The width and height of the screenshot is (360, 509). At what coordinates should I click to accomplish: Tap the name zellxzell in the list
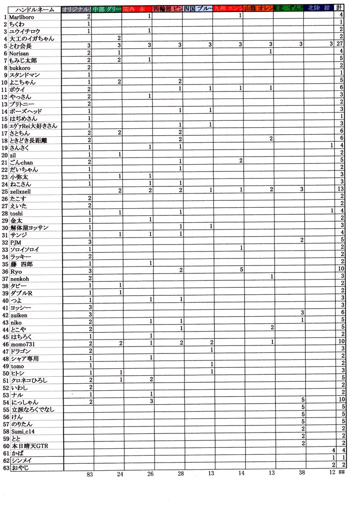pyautogui.click(x=20, y=191)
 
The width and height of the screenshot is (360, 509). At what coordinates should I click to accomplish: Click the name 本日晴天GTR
pyautogui.click(x=29, y=445)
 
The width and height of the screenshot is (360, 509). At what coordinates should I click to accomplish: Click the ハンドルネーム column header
pyautogui.click(x=32, y=9)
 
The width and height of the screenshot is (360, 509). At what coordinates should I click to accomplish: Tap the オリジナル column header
pyautogui.click(x=77, y=9)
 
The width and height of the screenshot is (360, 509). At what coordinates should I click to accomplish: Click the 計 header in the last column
pyautogui.click(x=339, y=8)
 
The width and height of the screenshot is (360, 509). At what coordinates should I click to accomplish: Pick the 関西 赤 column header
pyautogui.click(x=137, y=9)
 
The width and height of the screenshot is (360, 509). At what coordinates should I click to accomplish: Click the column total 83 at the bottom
pyautogui.click(x=90, y=474)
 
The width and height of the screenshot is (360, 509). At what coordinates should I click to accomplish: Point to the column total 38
pyautogui.click(x=301, y=474)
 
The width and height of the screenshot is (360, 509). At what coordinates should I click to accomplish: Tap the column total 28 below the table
pyautogui.click(x=180, y=474)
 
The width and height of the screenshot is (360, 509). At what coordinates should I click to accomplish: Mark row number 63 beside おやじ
pyautogui.click(x=6, y=467)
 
